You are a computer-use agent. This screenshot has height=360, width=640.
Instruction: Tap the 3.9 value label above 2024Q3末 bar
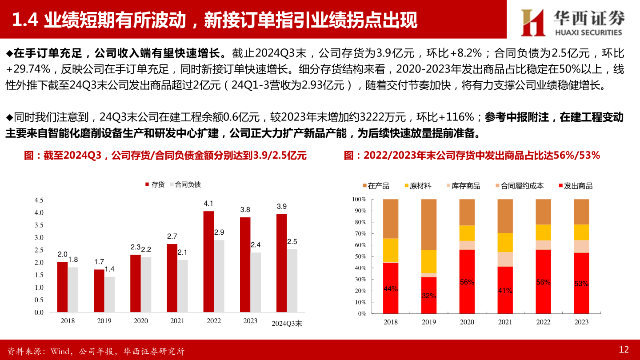pyautogui.click(x=281, y=206)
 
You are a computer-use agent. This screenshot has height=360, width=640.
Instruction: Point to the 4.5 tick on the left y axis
pyautogui.click(x=39, y=200)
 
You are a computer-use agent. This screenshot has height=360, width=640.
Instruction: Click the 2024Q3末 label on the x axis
pyautogui.click(x=287, y=323)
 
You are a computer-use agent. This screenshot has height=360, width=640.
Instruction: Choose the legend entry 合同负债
pyautogui.click(x=187, y=184)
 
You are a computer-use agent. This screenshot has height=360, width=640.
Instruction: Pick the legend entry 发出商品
pyautogui.click(x=578, y=186)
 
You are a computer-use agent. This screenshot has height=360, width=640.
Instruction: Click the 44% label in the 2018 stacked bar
pyautogui.click(x=390, y=288)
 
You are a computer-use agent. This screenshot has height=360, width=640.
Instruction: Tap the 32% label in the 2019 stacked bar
pyautogui.click(x=428, y=296)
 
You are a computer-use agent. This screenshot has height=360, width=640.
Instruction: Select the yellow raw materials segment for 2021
pyautogui.click(x=505, y=242)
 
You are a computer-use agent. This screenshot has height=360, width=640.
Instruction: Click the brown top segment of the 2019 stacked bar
pyautogui.click(x=429, y=224)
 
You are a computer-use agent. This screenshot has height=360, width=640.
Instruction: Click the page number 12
pyautogui.click(x=624, y=349)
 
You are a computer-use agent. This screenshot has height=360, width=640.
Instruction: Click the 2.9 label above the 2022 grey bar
pyautogui.click(x=219, y=232)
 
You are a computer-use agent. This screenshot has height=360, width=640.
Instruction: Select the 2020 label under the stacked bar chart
pyautogui.click(x=467, y=322)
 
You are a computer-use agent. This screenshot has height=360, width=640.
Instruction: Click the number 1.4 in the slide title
pyautogui.click(x=26, y=20)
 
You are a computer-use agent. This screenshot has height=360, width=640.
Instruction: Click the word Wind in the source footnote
pyautogui.click(x=60, y=352)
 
